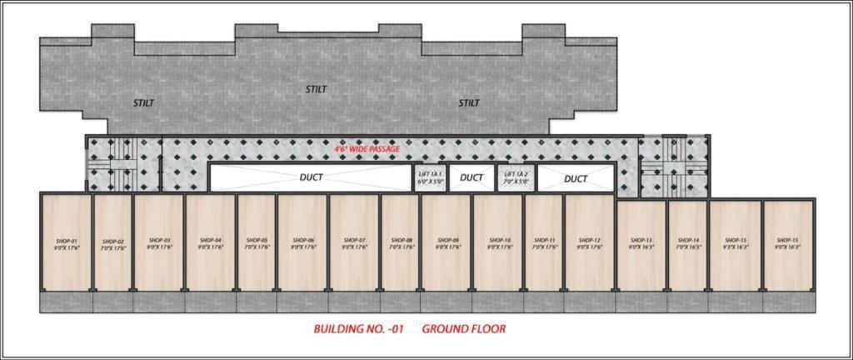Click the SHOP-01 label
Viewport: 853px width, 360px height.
coord(67,240)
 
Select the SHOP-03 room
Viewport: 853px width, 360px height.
coord(158,242)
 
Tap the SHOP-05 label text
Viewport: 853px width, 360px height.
coord(256,240)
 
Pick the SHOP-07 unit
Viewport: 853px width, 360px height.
coord(354,242)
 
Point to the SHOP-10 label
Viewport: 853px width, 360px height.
coord(498,240)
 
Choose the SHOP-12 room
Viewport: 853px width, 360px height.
coord(590,242)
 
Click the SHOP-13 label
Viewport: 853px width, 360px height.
coord(641,240)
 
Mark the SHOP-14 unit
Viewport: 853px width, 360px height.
coord(687,243)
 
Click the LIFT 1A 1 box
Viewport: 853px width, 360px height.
coord(431,177)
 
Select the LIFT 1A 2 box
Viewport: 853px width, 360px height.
coord(516,177)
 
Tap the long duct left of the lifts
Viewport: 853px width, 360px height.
coord(311,177)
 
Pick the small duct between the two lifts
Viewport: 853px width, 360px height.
coord(471,177)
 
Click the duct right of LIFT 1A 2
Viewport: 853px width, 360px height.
coord(576,178)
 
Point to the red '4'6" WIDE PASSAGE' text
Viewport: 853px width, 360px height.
coord(367,148)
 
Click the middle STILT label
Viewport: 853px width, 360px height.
coord(316,89)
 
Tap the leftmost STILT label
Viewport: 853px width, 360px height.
coord(143,103)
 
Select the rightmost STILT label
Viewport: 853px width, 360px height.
coord(469,103)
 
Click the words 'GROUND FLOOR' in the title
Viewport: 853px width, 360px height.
coord(463,329)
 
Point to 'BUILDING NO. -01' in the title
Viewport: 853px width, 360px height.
coord(358,329)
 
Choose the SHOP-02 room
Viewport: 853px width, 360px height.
coord(113,242)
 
